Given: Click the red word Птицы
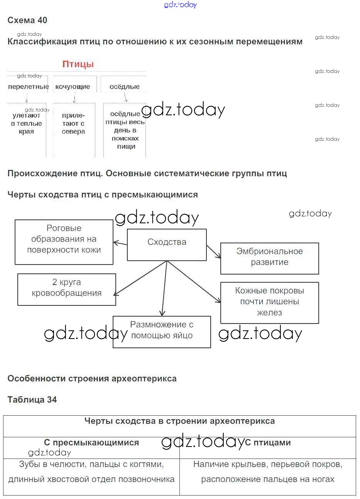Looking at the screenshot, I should click(x=78, y=64).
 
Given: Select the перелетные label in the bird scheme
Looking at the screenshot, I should click(x=29, y=87).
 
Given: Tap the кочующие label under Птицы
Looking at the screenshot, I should click(x=73, y=87).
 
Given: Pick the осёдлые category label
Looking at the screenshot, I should click(x=124, y=87).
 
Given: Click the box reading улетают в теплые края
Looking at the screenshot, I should click(x=26, y=123).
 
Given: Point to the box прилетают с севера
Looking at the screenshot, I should click(x=73, y=123).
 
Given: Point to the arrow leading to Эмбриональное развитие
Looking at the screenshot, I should click(x=213, y=251).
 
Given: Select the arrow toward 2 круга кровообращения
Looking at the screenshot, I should click(x=140, y=278).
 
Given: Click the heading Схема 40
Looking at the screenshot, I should click(x=27, y=20).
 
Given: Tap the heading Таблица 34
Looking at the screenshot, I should click(x=32, y=400).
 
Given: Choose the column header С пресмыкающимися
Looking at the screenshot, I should click(x=91, y=443).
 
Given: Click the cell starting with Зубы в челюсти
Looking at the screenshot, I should click(x=91, y=472).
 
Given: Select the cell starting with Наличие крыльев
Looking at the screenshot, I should click(x=268, y=472).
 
